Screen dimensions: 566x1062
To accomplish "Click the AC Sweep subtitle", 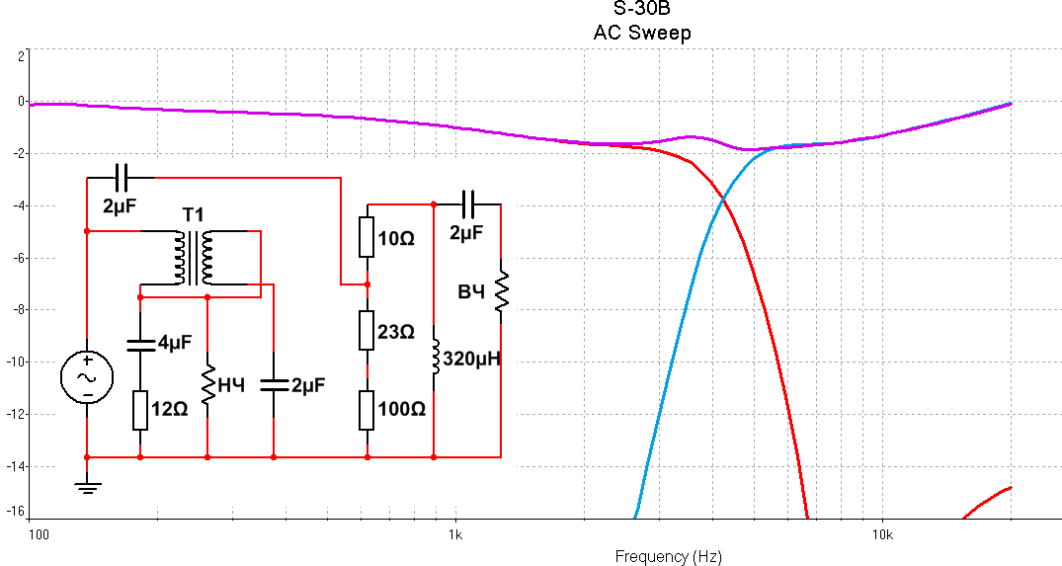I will [x=641, y=33].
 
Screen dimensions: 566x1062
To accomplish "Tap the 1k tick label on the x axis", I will [x=454, y=535].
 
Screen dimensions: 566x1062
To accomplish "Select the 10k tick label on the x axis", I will [x=882, y=535].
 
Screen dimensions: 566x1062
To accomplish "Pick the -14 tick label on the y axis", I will [x=15, y=466].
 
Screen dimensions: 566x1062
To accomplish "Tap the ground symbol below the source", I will [x=87, y=485].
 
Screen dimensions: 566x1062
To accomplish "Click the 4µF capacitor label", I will [x=175, y=343].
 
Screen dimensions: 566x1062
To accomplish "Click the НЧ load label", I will [x=231, y=385].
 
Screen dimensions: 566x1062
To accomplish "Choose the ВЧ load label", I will [x=471, y=291].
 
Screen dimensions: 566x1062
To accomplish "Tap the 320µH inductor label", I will [x=472, y=359].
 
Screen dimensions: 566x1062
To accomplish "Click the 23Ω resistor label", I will [x=395, y=333].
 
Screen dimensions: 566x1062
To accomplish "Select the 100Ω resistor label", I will [x=400, y=409].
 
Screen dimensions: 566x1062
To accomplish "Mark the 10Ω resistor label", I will [x=395, y=238].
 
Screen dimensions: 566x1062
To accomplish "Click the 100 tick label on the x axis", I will [x=38, y=535].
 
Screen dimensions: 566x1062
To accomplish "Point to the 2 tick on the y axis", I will [x=21, y=55].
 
